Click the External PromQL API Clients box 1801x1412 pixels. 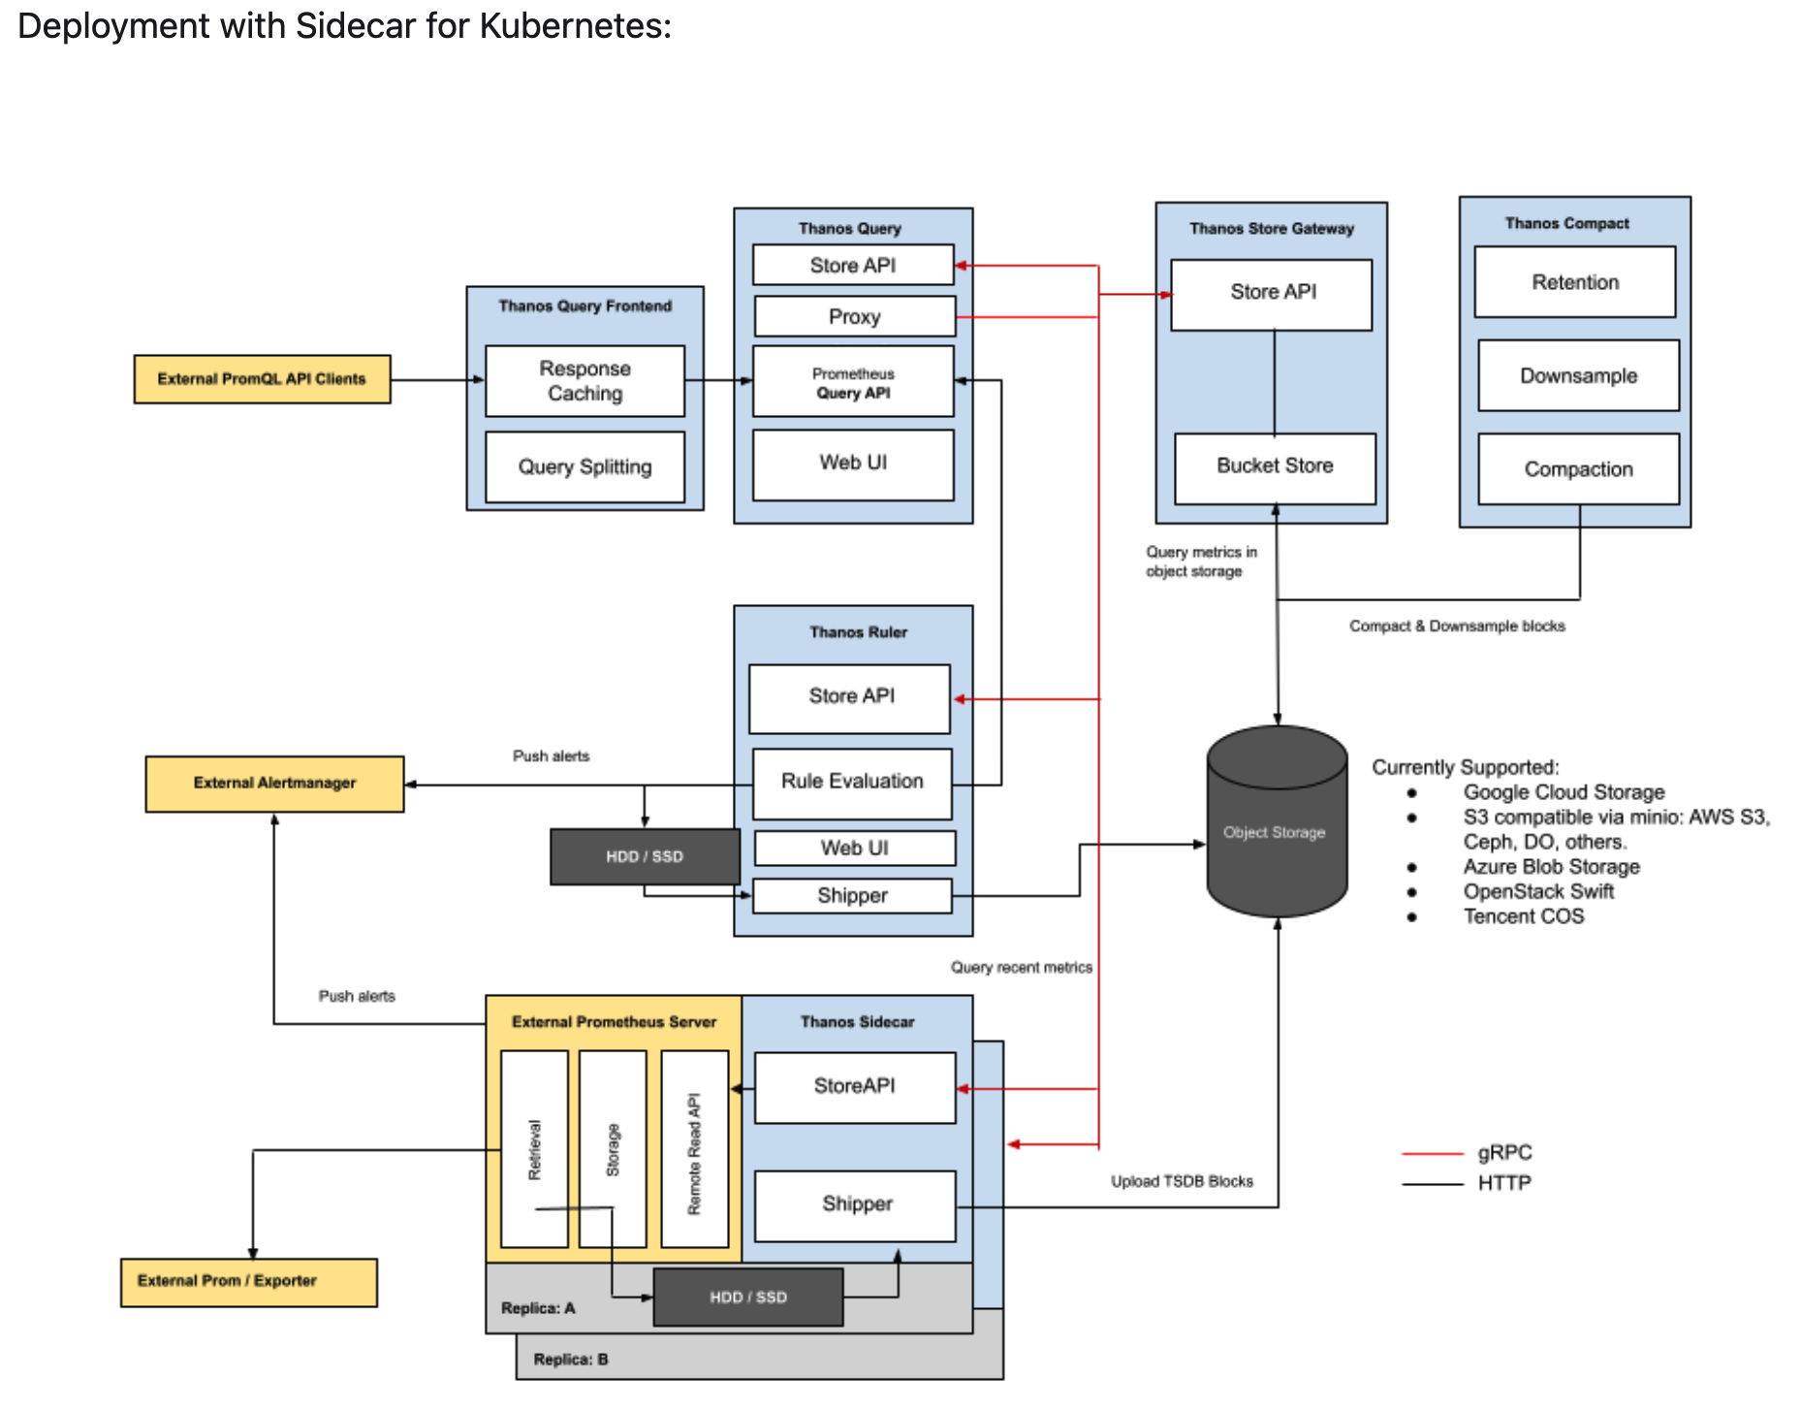262,379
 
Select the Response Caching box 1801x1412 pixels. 585,381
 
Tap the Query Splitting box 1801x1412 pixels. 585,467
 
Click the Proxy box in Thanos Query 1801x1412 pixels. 854,317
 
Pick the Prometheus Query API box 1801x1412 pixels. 853,382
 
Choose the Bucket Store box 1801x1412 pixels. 1275,466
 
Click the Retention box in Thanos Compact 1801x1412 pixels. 1575,282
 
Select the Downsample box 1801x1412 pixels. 1578,376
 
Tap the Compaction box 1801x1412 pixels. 1578,469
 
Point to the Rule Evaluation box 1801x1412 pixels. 852,782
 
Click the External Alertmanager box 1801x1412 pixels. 274,784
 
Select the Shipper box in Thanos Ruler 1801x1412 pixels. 852,896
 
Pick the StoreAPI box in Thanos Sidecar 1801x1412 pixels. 854,1087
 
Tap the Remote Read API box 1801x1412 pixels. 694,1150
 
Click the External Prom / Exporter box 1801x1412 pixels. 248,1282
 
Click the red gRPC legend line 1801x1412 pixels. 1432,1154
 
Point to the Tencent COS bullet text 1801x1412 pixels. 1523,917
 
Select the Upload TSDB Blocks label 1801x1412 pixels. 1182,1181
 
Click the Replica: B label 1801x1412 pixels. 570,1360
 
